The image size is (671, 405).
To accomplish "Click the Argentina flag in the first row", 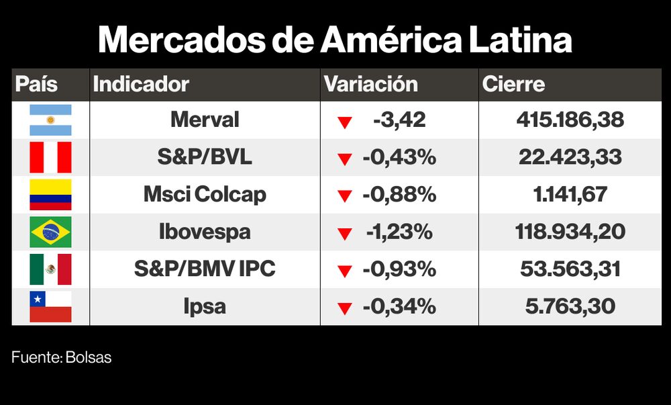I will click(50, 120).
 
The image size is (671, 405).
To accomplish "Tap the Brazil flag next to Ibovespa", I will click(50, 232).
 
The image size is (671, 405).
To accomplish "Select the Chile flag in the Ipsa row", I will click(50, 307).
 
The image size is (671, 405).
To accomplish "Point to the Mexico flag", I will click(50, 269).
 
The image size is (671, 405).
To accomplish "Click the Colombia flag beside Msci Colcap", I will click(50, 195).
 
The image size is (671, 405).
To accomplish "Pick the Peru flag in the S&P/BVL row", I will click(50, 158).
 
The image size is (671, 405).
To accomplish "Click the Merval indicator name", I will click(205, 120).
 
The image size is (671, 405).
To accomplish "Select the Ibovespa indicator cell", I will click(205, 232).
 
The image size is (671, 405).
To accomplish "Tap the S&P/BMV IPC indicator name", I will click(205, 269).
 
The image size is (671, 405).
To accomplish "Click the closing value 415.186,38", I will click(570, 120).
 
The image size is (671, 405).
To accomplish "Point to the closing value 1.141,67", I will click(570, 195).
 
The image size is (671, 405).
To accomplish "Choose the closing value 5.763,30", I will click(570, 307).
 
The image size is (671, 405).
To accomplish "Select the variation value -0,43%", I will click(399, 158).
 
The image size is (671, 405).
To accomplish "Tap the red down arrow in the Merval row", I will click(345, 122).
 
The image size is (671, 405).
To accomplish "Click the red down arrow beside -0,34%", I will click(345, 309).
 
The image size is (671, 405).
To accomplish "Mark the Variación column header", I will click(371, 85).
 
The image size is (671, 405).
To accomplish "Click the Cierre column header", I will click(514, 85).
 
